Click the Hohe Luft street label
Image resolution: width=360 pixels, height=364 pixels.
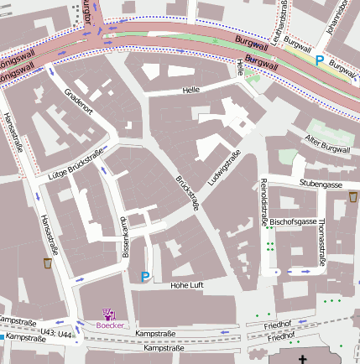pyautogui.click(x=187, y=286)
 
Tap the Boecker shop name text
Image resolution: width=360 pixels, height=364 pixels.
pyautogui.click(x=110, y=325)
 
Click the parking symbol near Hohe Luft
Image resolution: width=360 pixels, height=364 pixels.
pyautogui.click(x=145, y=276)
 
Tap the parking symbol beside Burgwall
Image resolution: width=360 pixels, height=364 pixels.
pyautogui.click(x=318, y=60)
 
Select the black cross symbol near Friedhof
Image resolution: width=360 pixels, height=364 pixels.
pyautogui.click(x=303, y=359)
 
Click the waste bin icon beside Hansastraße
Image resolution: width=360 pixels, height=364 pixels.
pyautogui.click(x=48, y=263)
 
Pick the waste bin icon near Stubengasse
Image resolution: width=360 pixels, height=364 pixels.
pyautogui.click(x=352, y=196)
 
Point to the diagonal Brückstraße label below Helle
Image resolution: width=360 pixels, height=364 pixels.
pyautogui.click(x=186, y=192)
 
